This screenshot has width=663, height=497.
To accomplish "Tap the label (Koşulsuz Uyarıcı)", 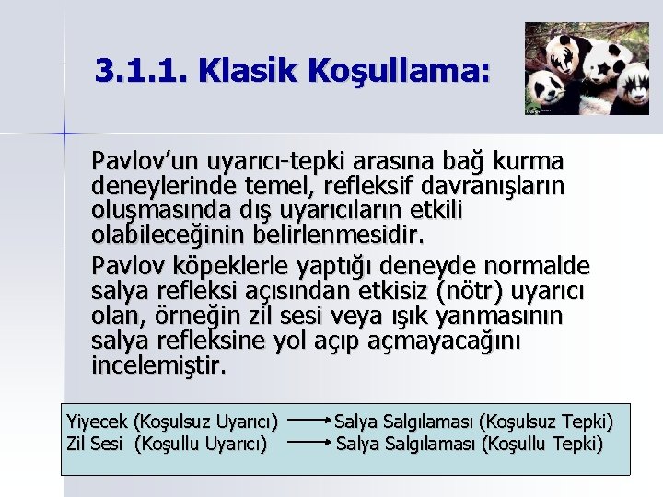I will [205, 422].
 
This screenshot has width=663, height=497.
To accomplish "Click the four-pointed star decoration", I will [64, 133].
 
